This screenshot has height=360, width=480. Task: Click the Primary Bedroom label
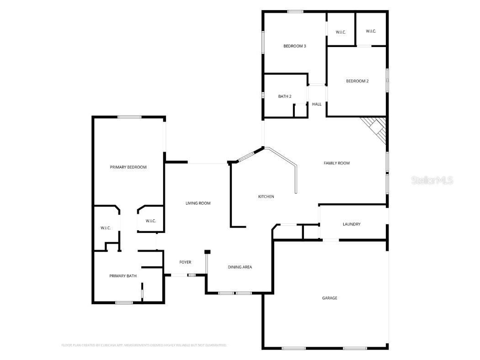click(128, 167)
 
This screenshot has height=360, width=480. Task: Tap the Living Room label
click(198, 203)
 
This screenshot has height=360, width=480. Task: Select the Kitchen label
click(266, 196)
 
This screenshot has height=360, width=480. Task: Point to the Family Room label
click(336, 163)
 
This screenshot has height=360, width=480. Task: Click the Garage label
click(330, 298)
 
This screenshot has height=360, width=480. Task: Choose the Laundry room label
click(352, 224)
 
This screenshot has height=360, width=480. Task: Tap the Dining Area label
click(240, 267)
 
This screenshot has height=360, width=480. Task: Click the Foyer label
click(185, 262)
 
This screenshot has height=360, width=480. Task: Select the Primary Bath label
click(123, 276)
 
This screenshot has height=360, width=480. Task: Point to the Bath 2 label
click(285, 96)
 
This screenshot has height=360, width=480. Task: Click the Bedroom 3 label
click(294, 46)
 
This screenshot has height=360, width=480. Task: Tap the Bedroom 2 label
click(357, 81)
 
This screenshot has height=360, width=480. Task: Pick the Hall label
click(317, 104)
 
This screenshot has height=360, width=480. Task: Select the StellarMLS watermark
click(432, 180)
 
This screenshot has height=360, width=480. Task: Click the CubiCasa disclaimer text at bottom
click(144, 345)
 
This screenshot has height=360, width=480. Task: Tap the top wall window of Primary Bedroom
click(129, 117)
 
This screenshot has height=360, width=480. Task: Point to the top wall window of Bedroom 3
click(295, 11)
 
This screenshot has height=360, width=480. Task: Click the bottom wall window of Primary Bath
click(123, 302)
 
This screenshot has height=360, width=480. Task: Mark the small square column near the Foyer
click(207, 252)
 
